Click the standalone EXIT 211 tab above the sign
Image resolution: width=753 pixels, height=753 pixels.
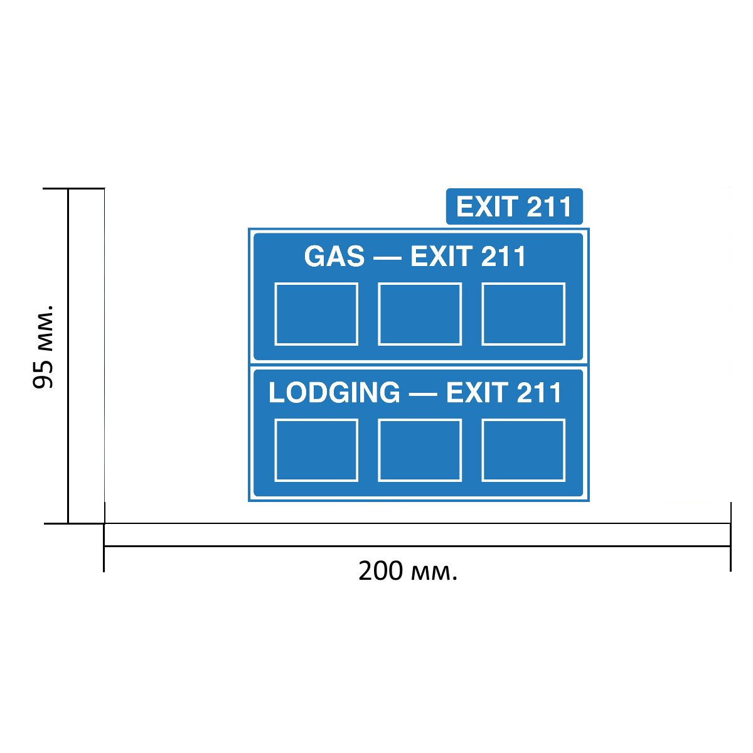(515, 206)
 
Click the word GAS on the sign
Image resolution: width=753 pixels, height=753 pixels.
(334, 257)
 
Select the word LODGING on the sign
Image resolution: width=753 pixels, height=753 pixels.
(334, 392)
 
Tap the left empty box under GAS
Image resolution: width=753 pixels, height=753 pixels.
(316, 314)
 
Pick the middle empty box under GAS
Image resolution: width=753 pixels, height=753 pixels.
(420, 314)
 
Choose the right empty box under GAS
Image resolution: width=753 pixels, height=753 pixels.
(523, 314)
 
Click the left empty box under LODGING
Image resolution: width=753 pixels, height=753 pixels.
(316, 450)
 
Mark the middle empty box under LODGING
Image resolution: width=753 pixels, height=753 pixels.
(420, 450)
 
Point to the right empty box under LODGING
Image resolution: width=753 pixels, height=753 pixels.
(523, 450)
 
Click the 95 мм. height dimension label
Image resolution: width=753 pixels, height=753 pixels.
(43, 346)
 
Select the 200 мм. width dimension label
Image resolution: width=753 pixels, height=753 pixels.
(408, 571)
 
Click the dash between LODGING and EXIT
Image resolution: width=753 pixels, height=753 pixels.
(423, 394)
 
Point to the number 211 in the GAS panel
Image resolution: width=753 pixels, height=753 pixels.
(503, 257)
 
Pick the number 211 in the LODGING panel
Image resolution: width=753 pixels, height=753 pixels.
(539, 392)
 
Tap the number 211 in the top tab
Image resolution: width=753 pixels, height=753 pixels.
(549, 206)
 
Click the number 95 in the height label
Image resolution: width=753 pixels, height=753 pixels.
(43, 375)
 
